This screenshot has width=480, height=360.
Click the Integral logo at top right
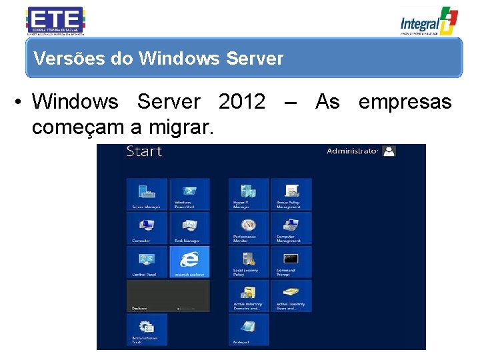429,20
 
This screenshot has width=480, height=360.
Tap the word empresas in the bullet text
405,102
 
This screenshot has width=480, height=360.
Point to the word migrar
181,127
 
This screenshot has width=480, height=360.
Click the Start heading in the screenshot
144,151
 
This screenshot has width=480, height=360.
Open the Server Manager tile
147,194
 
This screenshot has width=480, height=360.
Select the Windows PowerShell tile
189,194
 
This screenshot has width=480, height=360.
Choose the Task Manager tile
189,228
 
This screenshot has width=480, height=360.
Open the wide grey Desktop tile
168,296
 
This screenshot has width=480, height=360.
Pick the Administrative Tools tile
147,330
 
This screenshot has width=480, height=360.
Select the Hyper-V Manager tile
249,194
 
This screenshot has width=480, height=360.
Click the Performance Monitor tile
249,228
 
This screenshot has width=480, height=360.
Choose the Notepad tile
249,330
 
